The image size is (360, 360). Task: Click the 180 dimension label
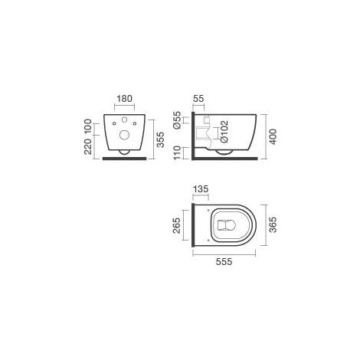[125, 99]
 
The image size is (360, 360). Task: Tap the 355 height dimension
[160, 139]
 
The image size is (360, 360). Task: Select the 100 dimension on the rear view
[88, 126]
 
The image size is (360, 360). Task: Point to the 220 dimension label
[88, 147]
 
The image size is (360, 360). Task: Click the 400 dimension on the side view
[273, 137]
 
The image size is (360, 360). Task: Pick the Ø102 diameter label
[224, 132]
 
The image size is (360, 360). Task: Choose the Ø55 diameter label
[177, 120]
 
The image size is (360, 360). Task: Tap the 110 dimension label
[177, 152]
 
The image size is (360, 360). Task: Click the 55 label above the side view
[198, 99]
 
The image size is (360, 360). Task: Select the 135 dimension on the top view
[201, 189]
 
